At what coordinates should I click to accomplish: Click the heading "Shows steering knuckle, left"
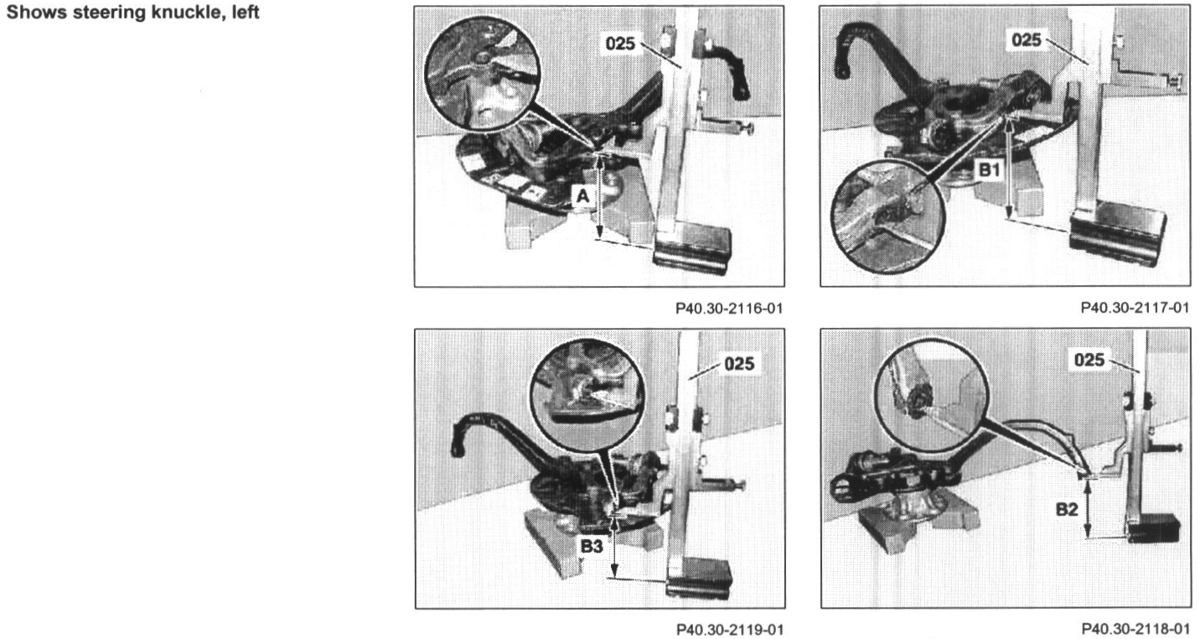click(133, 13)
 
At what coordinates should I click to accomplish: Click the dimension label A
click(583, 196)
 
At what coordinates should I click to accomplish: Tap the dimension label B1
click(990, 170)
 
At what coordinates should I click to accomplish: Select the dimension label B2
click(1067, 509)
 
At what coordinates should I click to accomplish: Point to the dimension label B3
click(592, 546)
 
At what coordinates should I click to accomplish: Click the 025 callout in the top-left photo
click(620, 44)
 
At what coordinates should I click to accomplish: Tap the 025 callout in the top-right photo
click(1027, 39)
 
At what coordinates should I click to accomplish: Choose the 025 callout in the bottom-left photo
click(739, 364)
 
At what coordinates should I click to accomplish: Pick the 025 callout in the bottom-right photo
click(1089, 359)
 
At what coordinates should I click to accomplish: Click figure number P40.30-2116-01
click(729, 309)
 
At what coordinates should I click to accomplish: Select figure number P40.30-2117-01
click(1135, 308)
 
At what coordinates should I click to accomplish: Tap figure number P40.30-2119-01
click(730, 629)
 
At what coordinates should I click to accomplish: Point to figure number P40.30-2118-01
click(1135, 628)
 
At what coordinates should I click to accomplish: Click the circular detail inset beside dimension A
click(482, 74)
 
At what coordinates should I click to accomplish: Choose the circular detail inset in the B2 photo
click(932, 394)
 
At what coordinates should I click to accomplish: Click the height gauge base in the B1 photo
click(1118, 238)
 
